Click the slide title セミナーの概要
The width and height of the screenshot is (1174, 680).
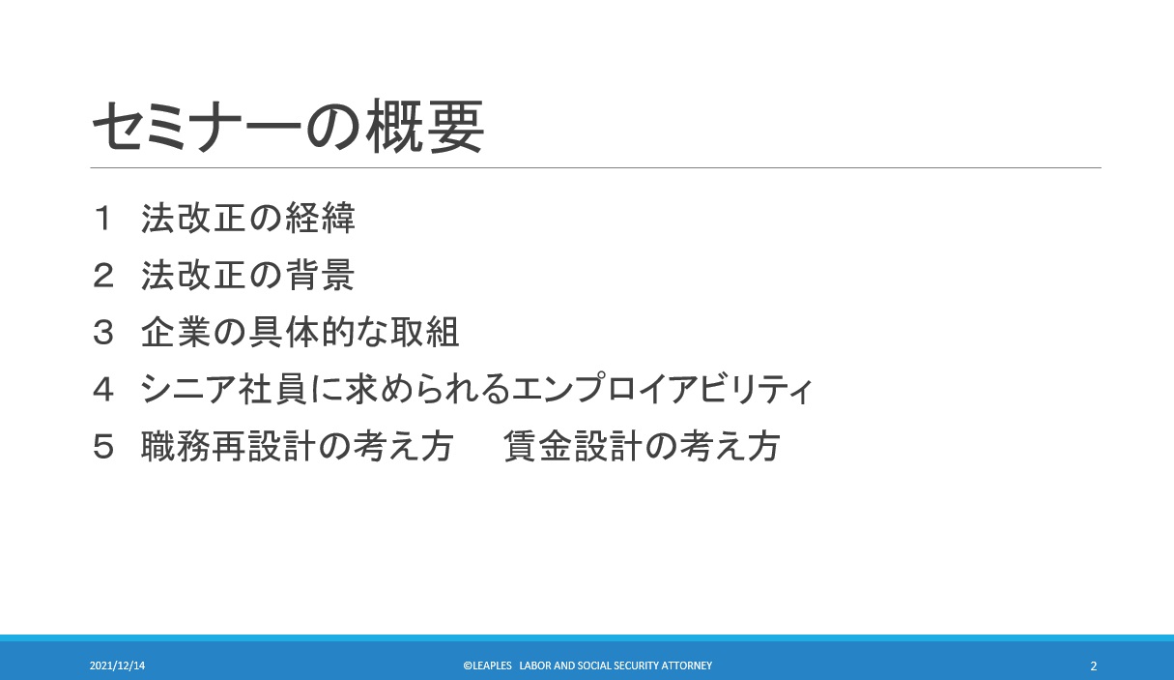288,127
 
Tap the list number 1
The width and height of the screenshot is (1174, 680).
102,219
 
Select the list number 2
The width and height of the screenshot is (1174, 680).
102,276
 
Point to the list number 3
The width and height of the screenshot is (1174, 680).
102,333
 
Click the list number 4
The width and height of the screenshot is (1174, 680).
102,390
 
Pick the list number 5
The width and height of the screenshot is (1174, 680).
102,447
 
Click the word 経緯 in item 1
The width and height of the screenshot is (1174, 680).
320,219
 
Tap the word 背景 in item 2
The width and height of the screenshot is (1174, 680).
320,276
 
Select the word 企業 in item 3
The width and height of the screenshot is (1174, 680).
176,332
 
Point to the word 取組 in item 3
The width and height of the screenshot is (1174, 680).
425,332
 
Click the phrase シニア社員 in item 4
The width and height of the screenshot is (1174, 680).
224,389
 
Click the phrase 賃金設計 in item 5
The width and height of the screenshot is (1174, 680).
573,447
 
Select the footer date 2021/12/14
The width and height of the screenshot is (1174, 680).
117,665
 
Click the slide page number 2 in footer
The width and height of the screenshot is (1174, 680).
1093,666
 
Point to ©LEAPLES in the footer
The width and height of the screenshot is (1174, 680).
487,665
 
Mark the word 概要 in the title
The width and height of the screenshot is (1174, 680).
424,127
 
